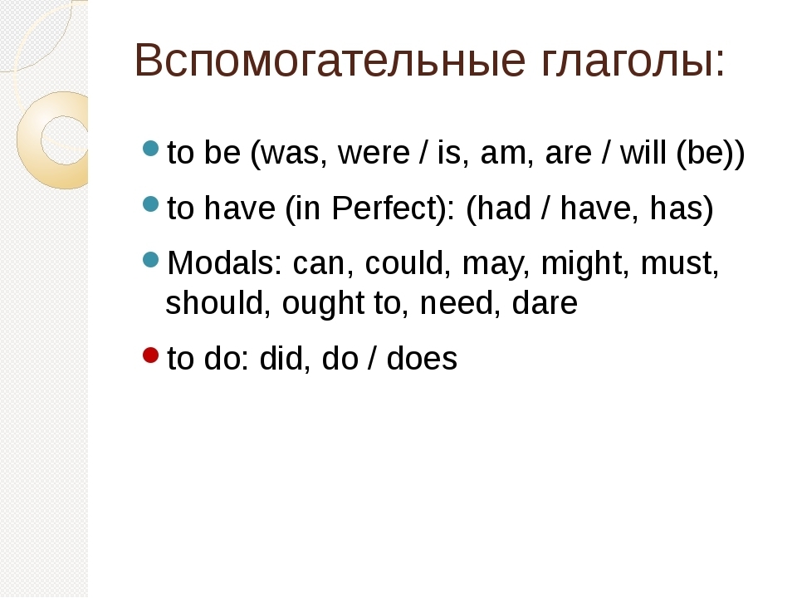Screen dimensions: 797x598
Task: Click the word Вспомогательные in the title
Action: [330, 60]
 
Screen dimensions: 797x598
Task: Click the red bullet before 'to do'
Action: [151, 355]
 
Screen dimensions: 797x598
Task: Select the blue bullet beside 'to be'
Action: [151, 149]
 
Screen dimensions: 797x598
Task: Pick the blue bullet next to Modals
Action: [151, 260]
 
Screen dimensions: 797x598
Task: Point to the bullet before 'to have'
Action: [151, 204]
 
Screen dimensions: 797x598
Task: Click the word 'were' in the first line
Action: [374, 153]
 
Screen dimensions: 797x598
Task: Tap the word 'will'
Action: [643, 152]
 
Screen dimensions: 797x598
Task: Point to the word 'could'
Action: [404, 263]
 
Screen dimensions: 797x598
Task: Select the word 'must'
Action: [677, 264]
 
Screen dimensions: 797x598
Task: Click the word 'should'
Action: [215, 302]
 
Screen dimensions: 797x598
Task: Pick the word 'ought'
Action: [323, 304]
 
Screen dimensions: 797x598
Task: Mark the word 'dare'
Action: [545, 302]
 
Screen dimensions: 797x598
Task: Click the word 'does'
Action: [422, 358]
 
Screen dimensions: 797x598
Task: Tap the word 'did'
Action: [282, 358]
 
